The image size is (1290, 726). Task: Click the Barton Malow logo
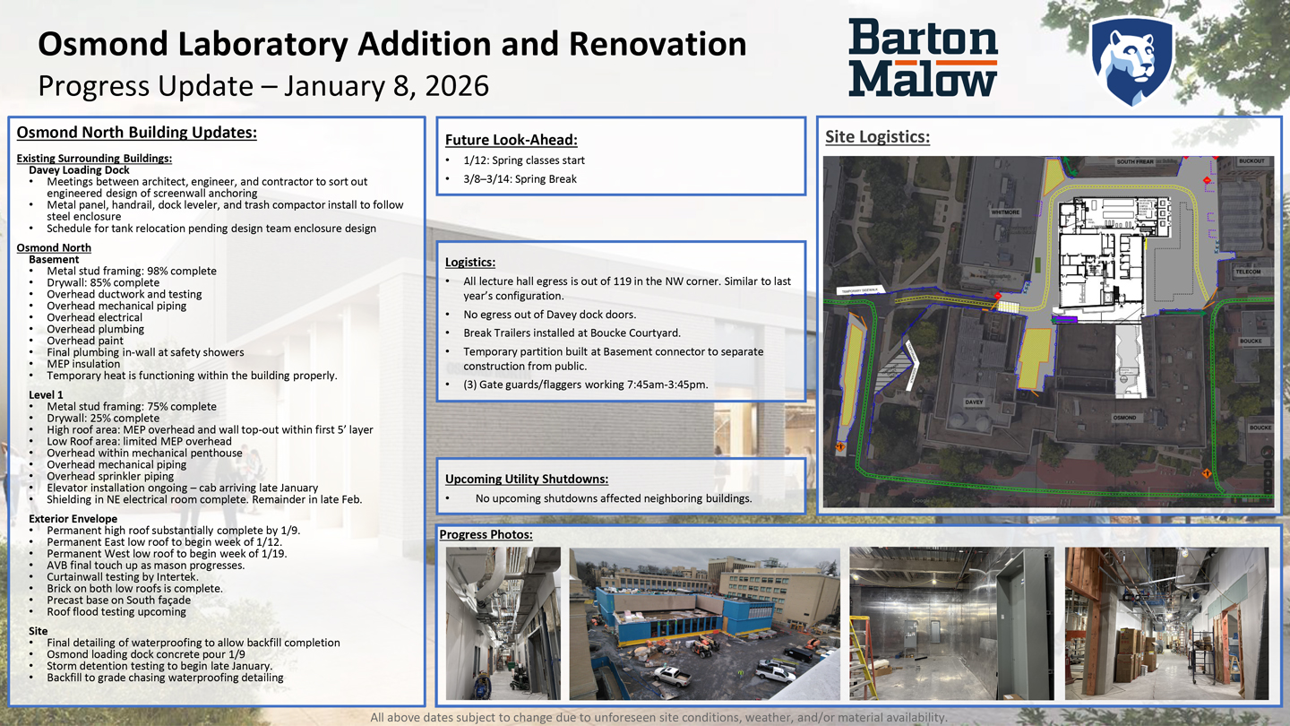[923, 57]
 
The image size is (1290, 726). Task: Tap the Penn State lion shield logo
[1131, 60]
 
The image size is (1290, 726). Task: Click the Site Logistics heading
[877, 137]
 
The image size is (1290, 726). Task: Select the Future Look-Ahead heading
[511, 140]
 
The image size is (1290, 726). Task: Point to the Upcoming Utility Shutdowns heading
[526, 479]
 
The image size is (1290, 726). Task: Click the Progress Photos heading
[486, 535]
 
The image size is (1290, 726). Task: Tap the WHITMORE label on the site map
[1005, 212]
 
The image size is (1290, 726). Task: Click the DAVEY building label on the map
[974, 402]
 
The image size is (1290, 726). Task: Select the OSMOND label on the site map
[1124, 418]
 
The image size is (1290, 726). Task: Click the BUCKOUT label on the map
[1251, 161]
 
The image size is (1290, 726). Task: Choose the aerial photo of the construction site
[704, 624]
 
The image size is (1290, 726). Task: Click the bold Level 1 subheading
[47, 394]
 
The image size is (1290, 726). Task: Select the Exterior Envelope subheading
[73, 519]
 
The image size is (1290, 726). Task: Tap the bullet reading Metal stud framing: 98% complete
[131, 271]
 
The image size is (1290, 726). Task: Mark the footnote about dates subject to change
[658, 717]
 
